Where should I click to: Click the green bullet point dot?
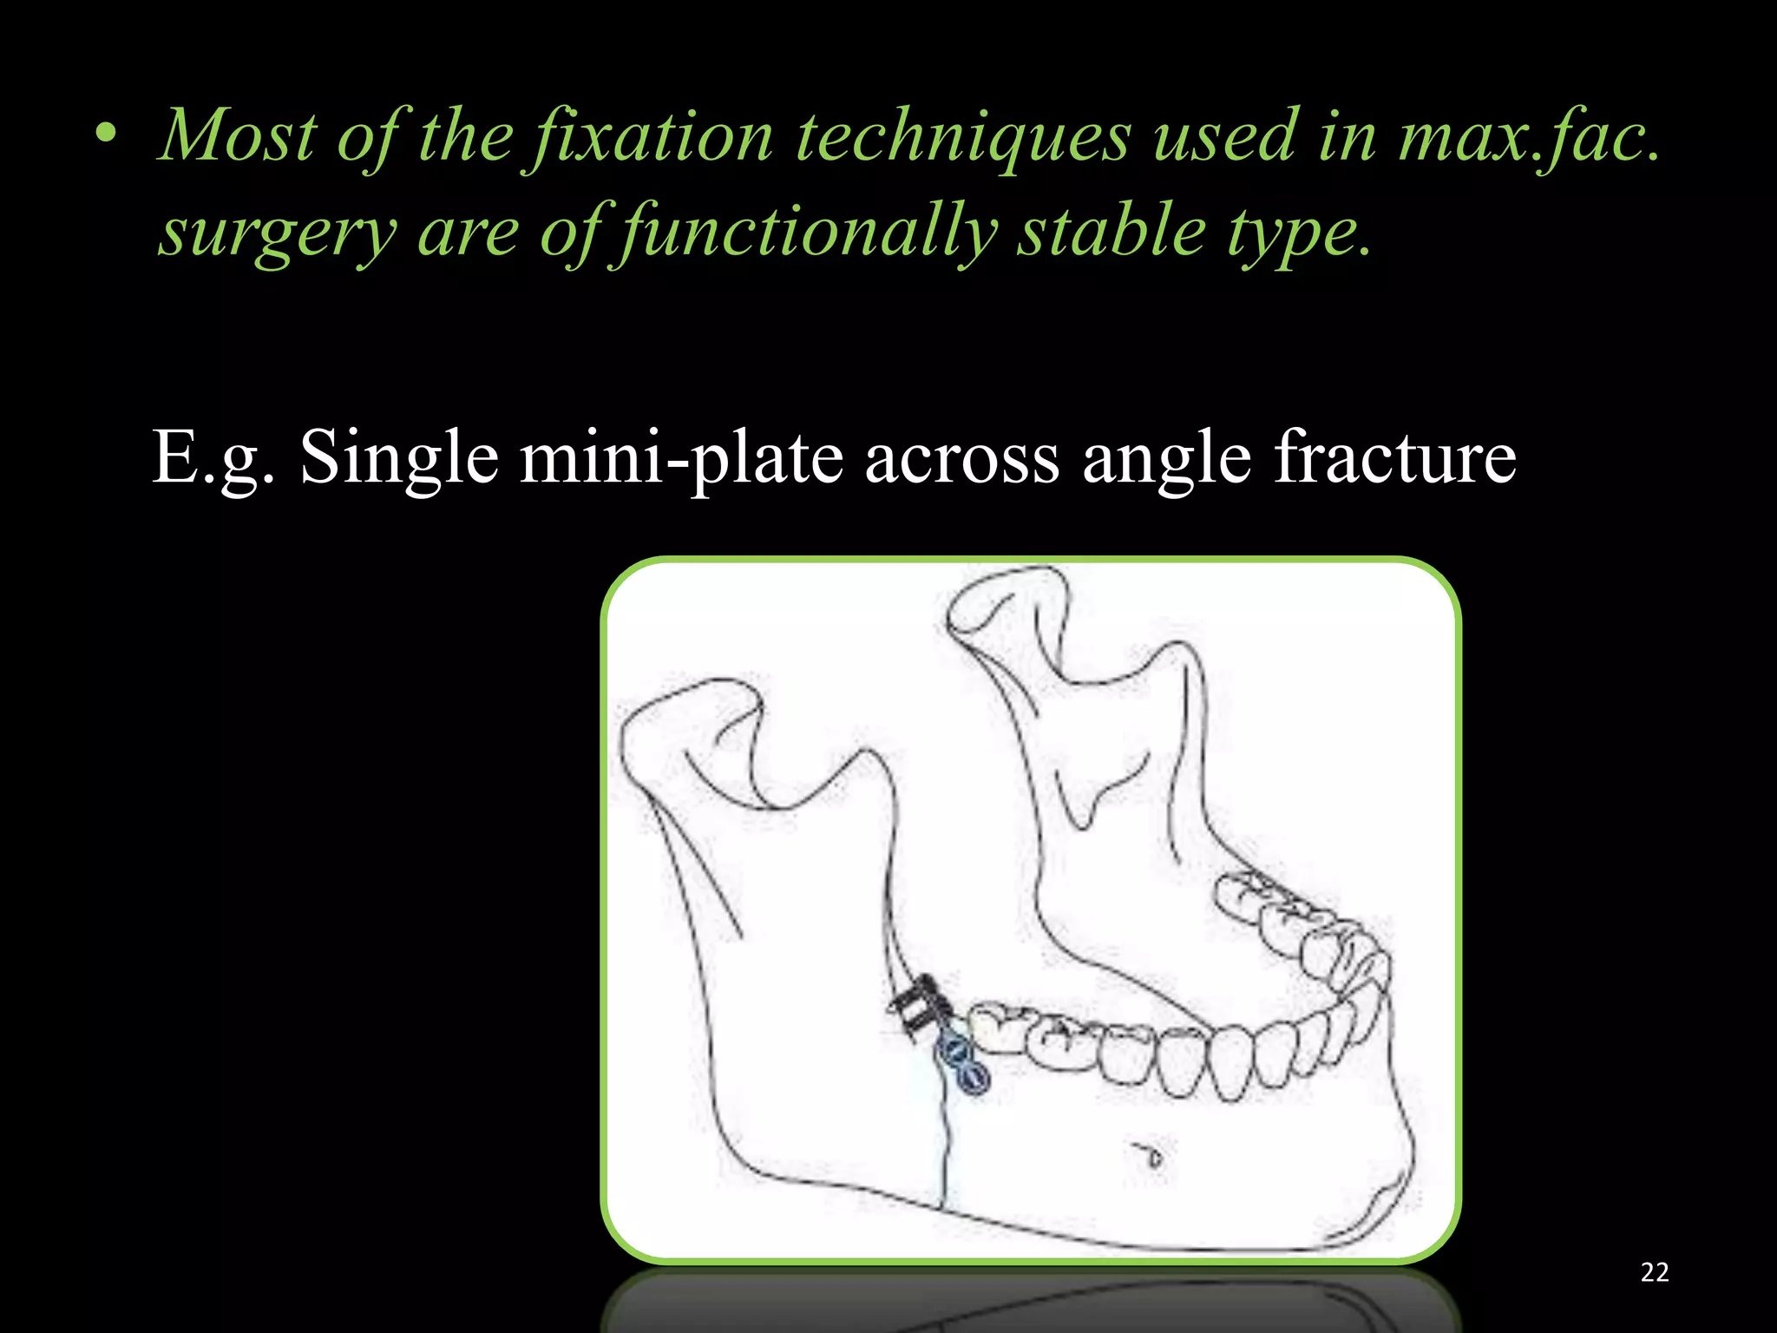point(106,135)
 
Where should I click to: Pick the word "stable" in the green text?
point(1111,233)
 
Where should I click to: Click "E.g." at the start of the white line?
point(213,458)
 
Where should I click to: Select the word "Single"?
point(399,458)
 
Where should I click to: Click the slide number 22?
point(1655,1272)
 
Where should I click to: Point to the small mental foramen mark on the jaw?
point(1152,1157)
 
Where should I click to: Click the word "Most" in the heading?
point(239,137)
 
